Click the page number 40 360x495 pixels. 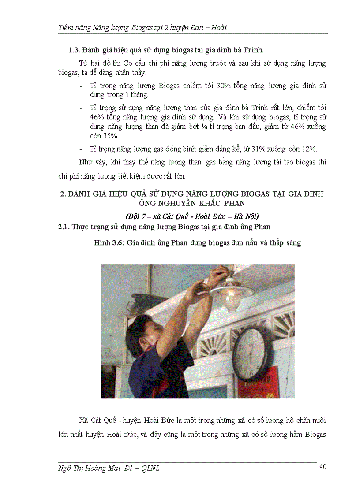coord(322,467)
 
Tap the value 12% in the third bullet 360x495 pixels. coord(313,148)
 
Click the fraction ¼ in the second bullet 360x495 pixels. coord(207,127)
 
